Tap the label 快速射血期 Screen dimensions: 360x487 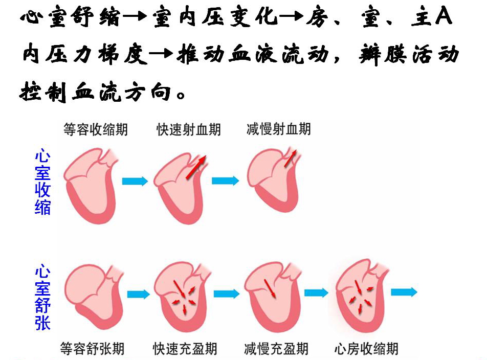pyautogui.click(x=189, y=130)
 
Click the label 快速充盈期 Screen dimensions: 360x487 pyautogui.click(x=185, y=349)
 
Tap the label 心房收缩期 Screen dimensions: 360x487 pyautogui.click(x=366, y=349)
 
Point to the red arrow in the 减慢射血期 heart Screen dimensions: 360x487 pyautogui.click(x=290, y=157)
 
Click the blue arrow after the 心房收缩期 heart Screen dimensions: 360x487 pyautogui.click(x=404, y=292)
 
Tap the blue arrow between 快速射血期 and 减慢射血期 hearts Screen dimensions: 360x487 pyautogui.click(x=225, y=181)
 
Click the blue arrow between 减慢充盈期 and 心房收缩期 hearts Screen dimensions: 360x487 pyautogui.click(x=316, y=292)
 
